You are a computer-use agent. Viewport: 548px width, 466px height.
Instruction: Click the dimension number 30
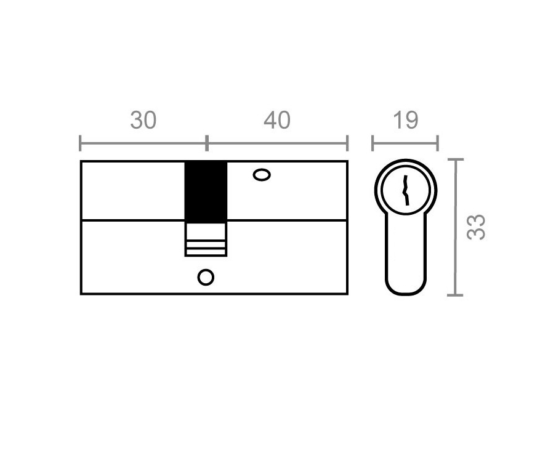click(x=143, y=120)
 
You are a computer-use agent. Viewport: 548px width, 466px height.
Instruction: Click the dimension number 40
click(x=277, y=120)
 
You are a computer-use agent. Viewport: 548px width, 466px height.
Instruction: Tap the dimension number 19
click(x=405, y=120)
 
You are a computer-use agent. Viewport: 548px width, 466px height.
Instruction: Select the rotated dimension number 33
click(x=476, y=227)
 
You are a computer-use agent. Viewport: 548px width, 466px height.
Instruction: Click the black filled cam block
click(x=206, y=191)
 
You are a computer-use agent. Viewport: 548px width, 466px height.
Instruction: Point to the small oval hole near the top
click(x=262, y=175)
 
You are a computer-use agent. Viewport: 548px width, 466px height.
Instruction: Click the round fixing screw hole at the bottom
click(x=206, y=278)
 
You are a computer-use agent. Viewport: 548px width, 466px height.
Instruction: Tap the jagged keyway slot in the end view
click(x=405, y=190)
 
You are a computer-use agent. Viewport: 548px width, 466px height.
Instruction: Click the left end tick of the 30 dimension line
click(x=80, y=143)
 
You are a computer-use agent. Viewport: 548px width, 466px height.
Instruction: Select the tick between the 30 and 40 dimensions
click(x=207, y=143)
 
